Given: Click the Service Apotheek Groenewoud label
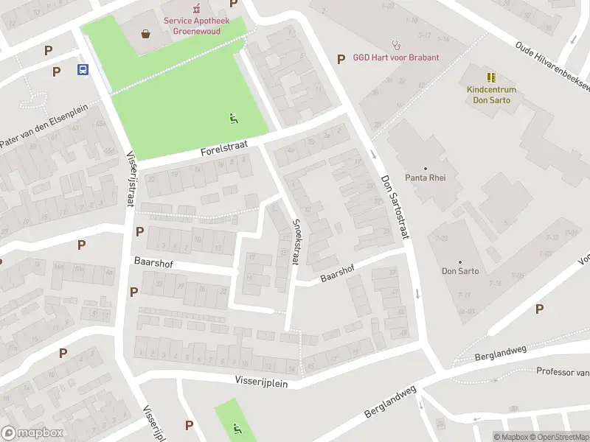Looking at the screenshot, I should click(x=196, y=26).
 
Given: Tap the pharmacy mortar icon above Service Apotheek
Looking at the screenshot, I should click(x=196, y=9).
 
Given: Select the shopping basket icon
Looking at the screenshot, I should click(x=146, y=33).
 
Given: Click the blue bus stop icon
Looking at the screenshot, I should click(x=83, y=70).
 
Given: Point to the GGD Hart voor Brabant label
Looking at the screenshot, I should click(x=396, y=57).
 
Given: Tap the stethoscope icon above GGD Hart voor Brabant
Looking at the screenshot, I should click(x=396, y=43).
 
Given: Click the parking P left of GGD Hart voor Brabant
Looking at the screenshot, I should click(x=341, y=59).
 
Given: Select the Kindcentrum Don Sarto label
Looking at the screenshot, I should click(x=491, y=94).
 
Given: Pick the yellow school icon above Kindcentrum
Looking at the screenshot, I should click(x=491, y=77).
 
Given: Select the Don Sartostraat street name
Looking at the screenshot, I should click(x=395, y=206).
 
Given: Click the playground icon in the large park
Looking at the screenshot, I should click(x=234, y=117).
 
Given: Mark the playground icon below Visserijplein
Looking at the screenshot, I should click(x=236, y=427).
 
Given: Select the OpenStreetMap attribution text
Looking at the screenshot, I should click(x=557, y=437).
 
